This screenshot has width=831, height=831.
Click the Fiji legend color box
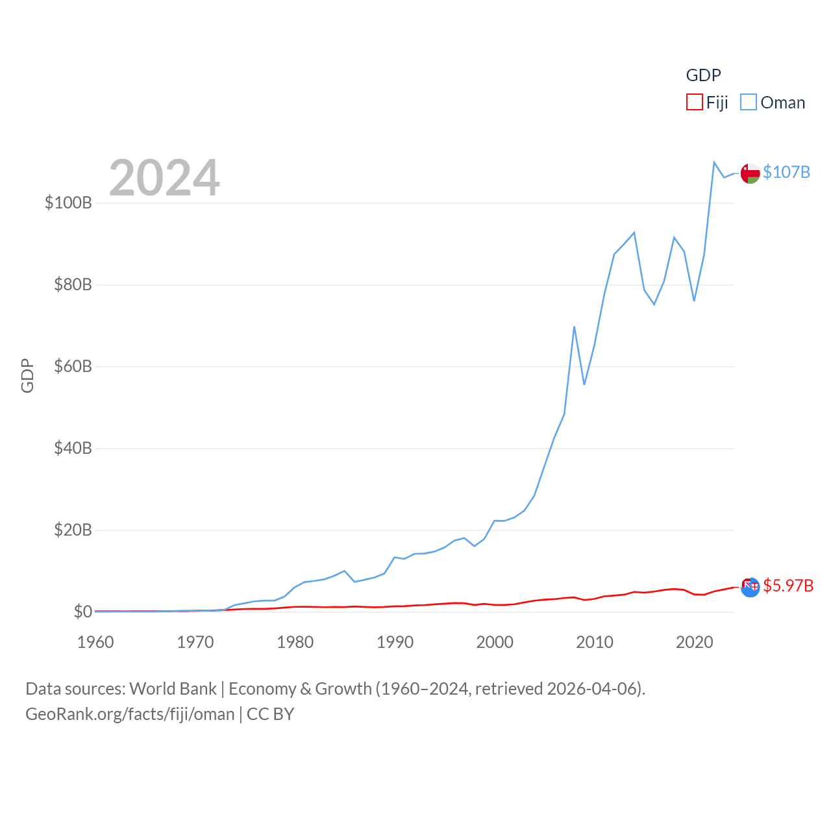(x=694, y=103)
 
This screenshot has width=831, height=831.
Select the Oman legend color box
(x=749, y=103)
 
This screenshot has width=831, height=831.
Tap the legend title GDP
(x=703, y=75)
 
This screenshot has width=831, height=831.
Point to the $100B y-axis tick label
(x=68, y=203)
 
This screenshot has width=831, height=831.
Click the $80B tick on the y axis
(x=73, y=284)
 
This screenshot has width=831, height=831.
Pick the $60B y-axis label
(x=73, y=366)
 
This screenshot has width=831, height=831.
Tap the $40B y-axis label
(x=73, y=448)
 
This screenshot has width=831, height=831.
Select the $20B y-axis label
(x=73, y=530)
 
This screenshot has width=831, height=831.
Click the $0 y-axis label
(x=82, y=612)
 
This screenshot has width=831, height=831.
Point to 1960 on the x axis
(x=95, y=642)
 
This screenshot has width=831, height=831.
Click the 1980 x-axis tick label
(x=295, y=642)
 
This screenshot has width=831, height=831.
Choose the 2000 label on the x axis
(x=495, y=642)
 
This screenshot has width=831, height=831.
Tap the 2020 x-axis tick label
(x=694, y=642)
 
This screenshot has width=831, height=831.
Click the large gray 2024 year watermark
(x=164, y=178)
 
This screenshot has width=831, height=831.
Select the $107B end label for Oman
(x=786, y=172)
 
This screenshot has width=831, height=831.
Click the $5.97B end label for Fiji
(x=788, y=586)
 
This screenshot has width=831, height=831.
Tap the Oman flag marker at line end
(x=750, y=174)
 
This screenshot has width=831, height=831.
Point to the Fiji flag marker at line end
(x=750, y=587)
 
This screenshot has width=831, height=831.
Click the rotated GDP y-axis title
(x=27, y=375)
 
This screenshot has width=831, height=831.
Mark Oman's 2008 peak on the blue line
(x=575, y=327)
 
